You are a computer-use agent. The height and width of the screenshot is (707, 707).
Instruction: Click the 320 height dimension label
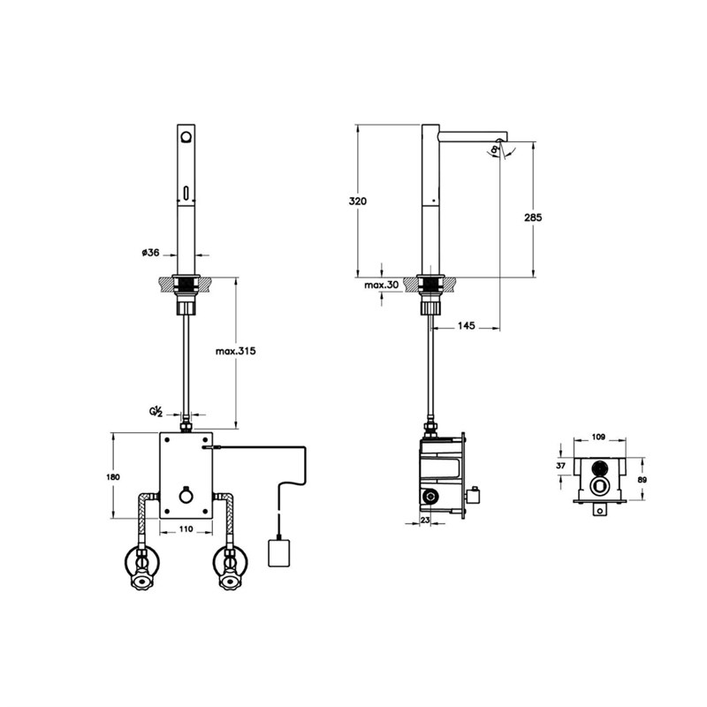click(358, 201)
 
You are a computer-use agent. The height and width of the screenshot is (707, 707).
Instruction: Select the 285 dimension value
click(533, 217)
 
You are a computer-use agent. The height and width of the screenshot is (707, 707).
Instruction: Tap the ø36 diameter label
click(150, 253)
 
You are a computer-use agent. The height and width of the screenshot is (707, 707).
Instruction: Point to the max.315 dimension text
click(235, 351)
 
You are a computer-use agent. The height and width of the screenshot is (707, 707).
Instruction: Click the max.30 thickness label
click(382, 285)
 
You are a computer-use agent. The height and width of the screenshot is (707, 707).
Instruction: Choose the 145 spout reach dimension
click(467, 325)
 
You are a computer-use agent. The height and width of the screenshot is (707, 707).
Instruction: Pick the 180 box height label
click(113, 476)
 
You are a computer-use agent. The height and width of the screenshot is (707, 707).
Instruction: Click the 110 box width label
click(186, 528)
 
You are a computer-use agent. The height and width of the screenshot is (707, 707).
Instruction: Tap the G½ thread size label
click(156, 411)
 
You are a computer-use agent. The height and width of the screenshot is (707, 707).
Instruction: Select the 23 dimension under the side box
click(425, 520)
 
